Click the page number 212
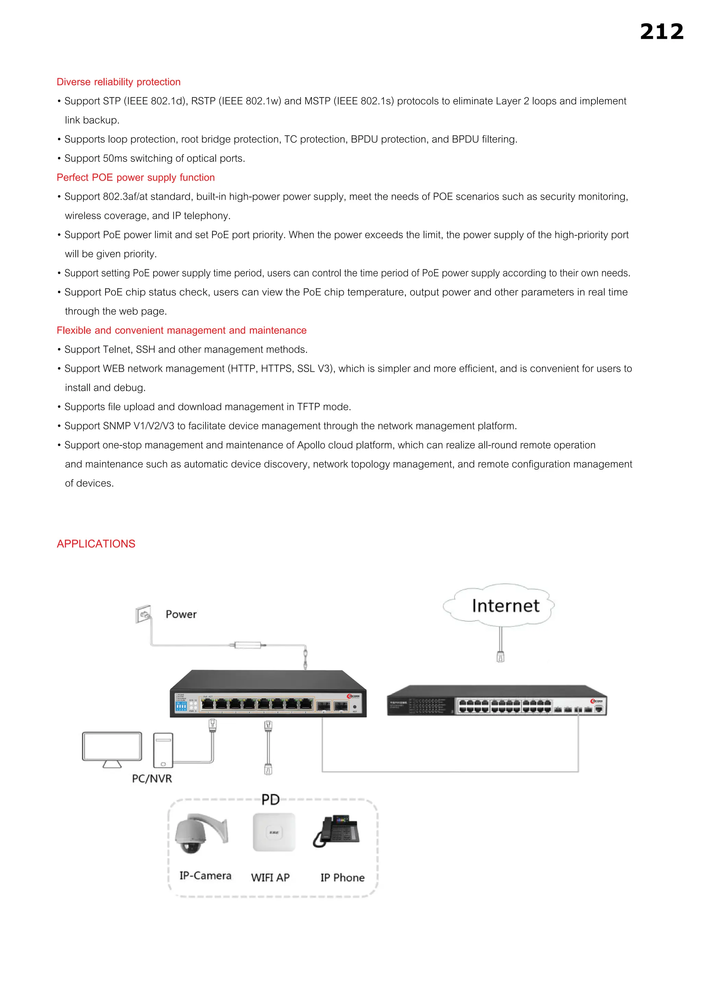click(661, 32)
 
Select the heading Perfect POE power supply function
click(135, 177)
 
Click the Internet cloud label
click(505, 606)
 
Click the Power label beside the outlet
click(181, 614)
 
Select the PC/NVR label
click(152, 779)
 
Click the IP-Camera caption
click(205, 876)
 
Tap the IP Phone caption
click(342, 877)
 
